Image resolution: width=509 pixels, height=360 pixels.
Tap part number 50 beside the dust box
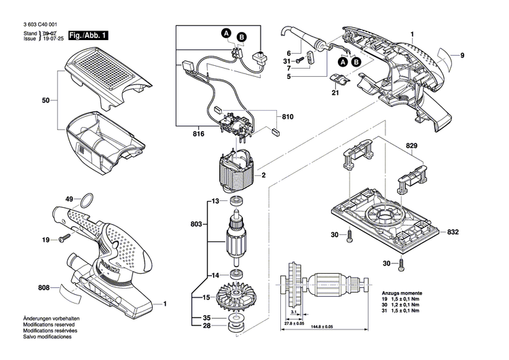click(x=45, y=101)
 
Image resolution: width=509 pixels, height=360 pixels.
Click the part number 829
click(x=411, y=147)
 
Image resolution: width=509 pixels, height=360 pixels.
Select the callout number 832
click(x=453, y=232)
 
